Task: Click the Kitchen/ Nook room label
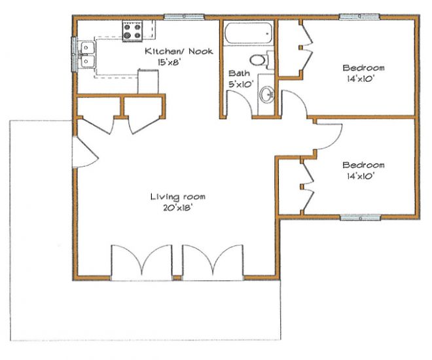click(179, 51)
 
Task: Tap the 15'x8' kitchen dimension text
click(169, 63)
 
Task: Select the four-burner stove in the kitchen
click(132, 31)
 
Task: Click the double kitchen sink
click(88, 54)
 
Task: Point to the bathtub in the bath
click(249, 33)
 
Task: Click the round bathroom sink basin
click(266, 95)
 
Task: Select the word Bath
click(239, 73)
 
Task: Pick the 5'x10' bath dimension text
click(241, 84)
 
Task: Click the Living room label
click(177, 196)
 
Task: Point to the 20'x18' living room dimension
click(177, 208)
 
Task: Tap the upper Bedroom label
click(363, 67)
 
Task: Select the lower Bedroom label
click(363, 165)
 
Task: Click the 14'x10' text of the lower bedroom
click(361, 176)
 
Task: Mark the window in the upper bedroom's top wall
click(359, 17)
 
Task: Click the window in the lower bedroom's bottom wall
click(361, 217)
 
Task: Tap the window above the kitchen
click(184, 17)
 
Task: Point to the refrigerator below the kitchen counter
click(148, 81)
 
